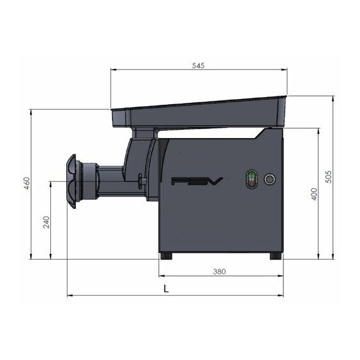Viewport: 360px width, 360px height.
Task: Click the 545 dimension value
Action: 198,66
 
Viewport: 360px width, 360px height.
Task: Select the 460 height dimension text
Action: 27,183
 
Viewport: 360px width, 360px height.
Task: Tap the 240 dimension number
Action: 46,222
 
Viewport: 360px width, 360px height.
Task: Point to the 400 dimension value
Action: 314,194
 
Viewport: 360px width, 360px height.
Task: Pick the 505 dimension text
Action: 329,177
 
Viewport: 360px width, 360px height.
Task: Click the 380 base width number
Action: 219,271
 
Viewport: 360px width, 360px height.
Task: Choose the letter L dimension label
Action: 166,289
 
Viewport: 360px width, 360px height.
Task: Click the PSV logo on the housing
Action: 197,181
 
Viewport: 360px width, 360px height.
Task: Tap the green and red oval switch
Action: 252,179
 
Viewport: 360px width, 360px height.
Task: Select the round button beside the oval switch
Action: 270,179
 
